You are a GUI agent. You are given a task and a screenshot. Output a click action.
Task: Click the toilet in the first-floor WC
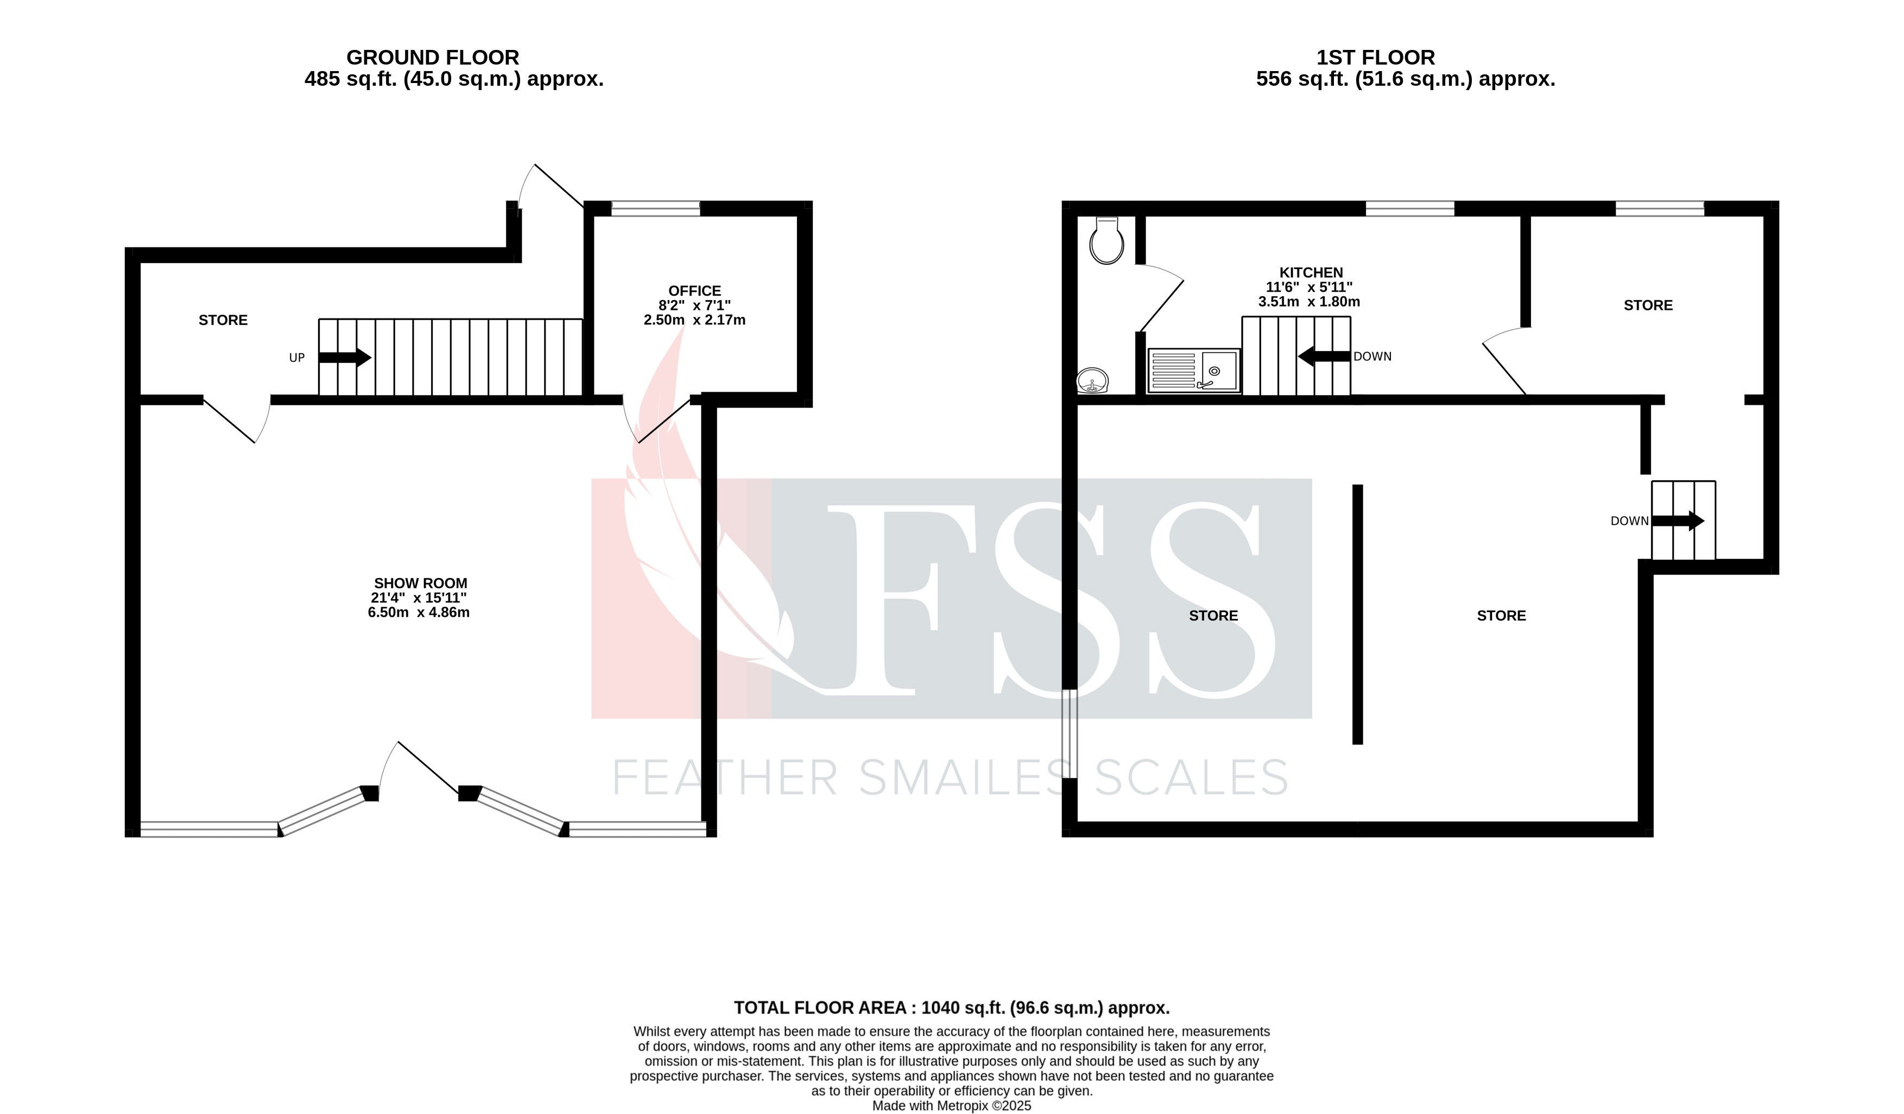pyautogui.click(x=1106, y=241)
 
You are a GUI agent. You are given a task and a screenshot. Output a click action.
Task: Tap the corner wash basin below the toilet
pyautogui.click(x=1092, y=380)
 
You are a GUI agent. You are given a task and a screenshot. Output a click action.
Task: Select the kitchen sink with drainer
pyautogui.click(x=1194, y=370)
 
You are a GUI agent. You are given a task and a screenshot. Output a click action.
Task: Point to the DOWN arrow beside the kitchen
pyautogui.click(x=1324, y=356)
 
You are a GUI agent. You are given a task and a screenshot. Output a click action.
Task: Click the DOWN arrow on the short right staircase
pyautogui.click(x=1678, y=520)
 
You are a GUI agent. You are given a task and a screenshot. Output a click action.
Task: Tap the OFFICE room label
pyautogui.click(x=694, y=291)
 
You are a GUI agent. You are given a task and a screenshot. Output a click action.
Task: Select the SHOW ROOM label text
pyautogui.click(x=420, y=583)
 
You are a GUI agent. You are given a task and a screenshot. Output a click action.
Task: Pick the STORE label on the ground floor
pyautogui.click(x=223, y=320)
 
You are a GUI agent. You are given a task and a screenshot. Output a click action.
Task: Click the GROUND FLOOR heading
pyautogui.click(x=432, y=58)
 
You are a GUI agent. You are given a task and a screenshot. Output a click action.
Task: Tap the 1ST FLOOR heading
pyautogui.click(x=1375, y=58)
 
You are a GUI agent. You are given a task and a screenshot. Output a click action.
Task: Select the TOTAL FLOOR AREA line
pyautogui.click(x=951, y=1008)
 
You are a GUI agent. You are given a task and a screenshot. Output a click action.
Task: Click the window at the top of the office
pyautogui.click(x=655, y=208)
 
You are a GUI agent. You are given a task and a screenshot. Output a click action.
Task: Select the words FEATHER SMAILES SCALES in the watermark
pyautogui.click(x=950, y=778)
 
